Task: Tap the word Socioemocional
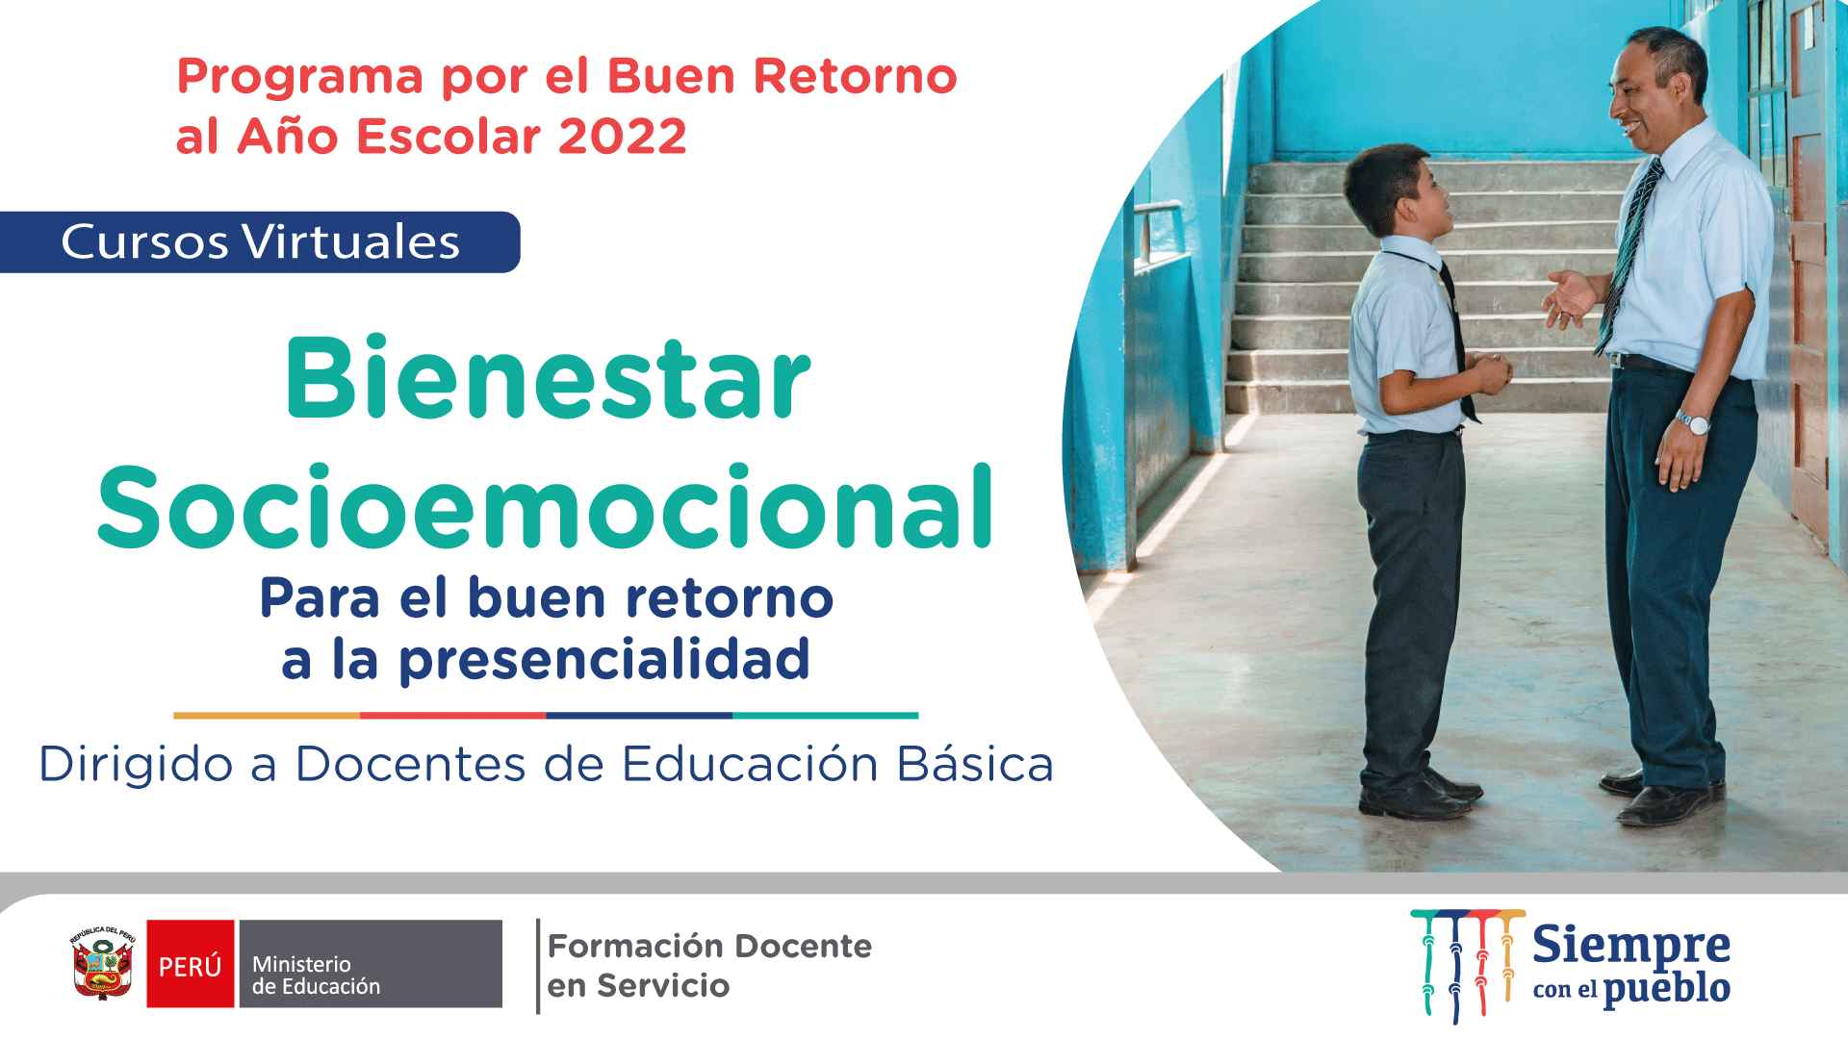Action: [x=545, y=506]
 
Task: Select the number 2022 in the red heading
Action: [x=622, y=136]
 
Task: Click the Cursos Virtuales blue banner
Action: [x=260, y=241]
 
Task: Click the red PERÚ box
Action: [x=191, y=964]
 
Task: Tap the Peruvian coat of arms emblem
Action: [x=103, y=964]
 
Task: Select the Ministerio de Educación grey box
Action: [x=371, y=964]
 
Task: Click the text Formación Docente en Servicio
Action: [x=709, y=966]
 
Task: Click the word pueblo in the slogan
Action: [x=1667, y=989]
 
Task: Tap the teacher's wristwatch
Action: [x=1693, y=422]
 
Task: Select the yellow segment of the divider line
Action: [x=267, y=716]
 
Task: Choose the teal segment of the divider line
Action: [x=826, y=716]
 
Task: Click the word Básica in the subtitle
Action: [x=975, y=765]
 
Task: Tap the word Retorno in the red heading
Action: [x=855, y=76]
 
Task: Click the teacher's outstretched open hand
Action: [x=1571, y=299]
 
